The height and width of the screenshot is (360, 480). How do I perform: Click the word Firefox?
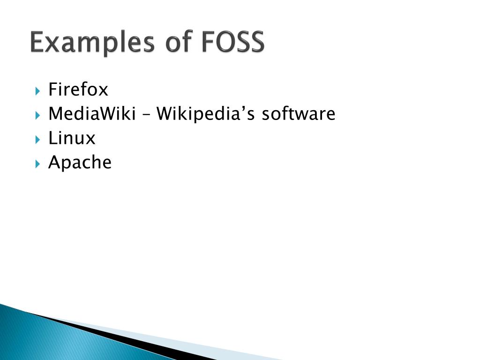coord(78,89)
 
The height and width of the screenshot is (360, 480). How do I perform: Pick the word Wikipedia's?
coord(206,114)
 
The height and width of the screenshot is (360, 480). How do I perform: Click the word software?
coord(299,113)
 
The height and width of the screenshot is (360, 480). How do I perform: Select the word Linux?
coord(72,138)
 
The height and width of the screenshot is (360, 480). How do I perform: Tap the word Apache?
coord(80,163)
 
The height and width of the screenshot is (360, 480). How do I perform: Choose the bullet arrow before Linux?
coord(37,139)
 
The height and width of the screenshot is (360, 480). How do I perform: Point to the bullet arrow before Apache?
coord(37,163)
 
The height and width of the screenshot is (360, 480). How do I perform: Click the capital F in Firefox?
coord(52,89)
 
